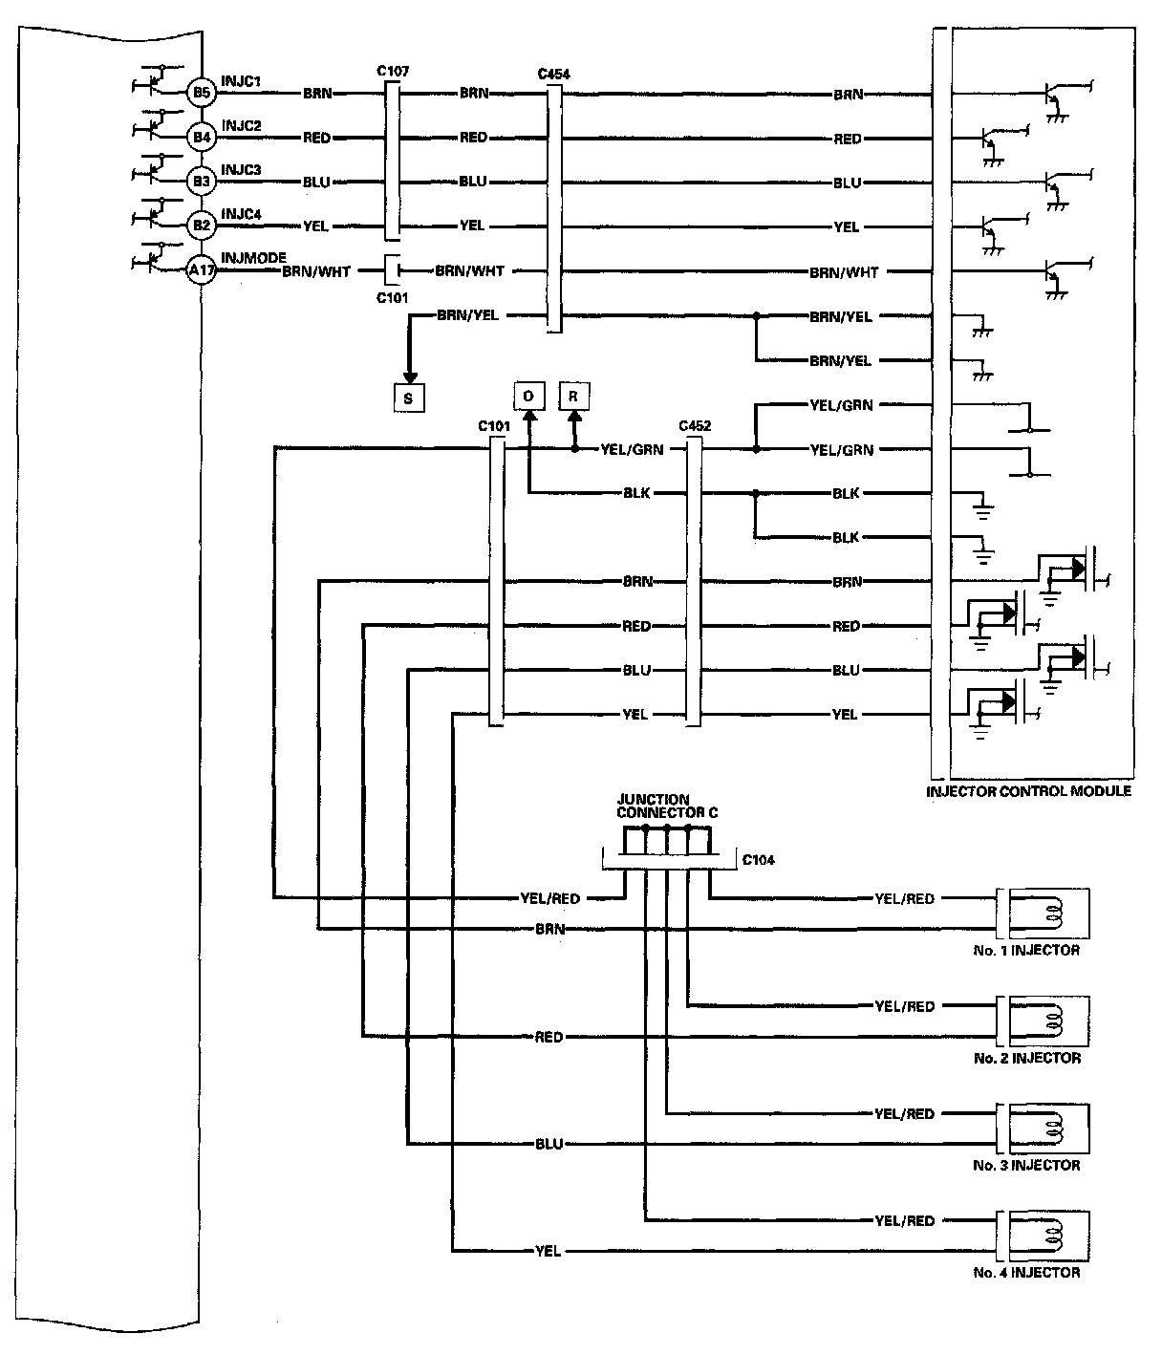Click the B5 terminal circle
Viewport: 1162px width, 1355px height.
click(201, 93)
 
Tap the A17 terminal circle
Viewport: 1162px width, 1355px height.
click(201, 271)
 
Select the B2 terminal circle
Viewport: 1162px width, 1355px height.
click(201, 226)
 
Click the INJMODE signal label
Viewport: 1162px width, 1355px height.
click(253, 258)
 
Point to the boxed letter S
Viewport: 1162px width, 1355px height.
click(408, 398)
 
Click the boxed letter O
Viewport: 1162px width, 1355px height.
click(528, 396)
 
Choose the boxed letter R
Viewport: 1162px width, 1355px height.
click(573, 396)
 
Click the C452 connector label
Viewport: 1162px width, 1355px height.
click(694, 426)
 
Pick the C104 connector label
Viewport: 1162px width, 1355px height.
click(759, 860)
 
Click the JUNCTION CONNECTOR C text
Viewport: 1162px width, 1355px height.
click(667, 806)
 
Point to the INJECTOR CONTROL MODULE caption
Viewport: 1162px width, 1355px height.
click(1028, 791)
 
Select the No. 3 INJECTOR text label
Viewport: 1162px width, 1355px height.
click(1026, 1165)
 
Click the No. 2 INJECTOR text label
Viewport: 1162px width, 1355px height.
click(1026, 1058)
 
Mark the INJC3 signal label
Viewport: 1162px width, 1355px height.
click(241, 169)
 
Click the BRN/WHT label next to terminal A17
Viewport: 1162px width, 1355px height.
click(316, 271)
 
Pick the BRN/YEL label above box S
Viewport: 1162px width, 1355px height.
click(466, 315)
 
